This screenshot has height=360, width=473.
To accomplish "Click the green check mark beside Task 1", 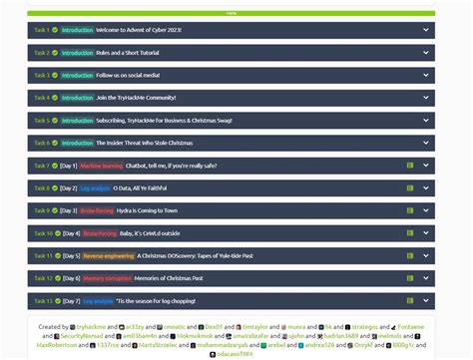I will point(55,30).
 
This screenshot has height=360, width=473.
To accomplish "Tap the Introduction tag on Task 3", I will point(77,75).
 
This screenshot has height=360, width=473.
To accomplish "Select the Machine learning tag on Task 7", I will point(102,166).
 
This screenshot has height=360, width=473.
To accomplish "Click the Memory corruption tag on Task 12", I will point(107,278).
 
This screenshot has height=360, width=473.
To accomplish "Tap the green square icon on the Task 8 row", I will point(410,188).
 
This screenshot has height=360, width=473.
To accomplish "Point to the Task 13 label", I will point(42,300).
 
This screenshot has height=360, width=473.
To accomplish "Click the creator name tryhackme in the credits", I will point(91,326).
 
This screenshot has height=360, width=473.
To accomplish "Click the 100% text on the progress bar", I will point(232,14).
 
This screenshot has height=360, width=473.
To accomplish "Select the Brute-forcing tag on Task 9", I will point(98,210).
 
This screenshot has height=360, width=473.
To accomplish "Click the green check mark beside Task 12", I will point(55,278).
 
